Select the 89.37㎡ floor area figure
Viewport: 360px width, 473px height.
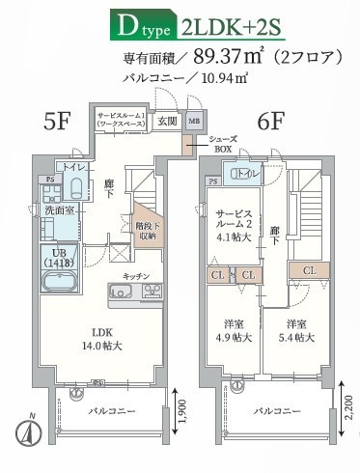(232, 57)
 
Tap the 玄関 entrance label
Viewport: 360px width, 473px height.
(167, 122)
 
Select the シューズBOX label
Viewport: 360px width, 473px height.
(223, 145)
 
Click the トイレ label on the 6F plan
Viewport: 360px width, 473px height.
(245, 174)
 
